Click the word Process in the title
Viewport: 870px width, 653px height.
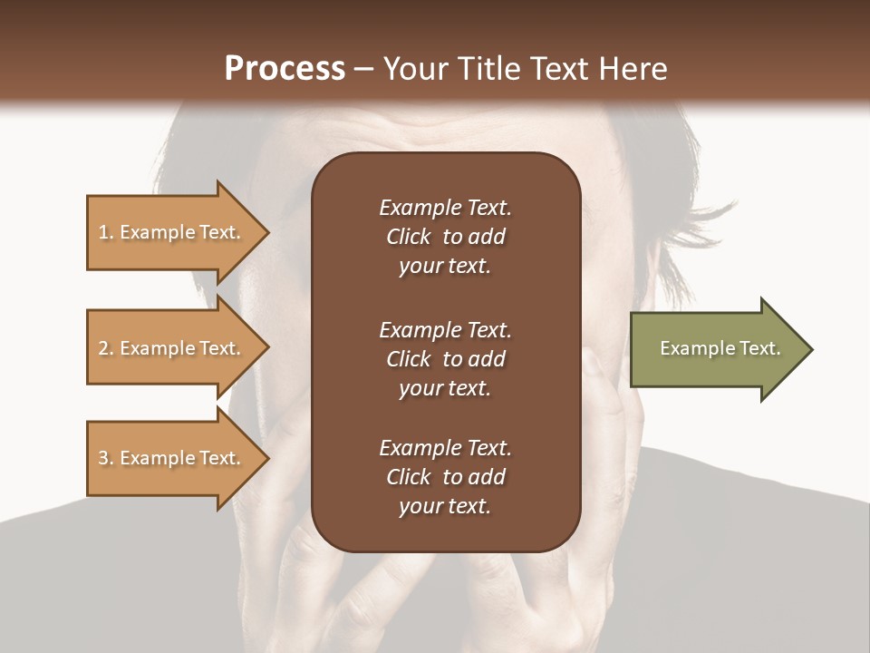tap(285, 69)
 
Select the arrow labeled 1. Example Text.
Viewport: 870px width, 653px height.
tap(172, 232)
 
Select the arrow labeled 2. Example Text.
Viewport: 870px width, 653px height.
tap(172, 348)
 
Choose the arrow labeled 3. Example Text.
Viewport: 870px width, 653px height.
tap(172, 458)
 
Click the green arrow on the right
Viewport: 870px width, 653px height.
tap(716, 349)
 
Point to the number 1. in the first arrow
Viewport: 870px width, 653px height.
tap(106, 232)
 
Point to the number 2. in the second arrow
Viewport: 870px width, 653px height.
tap(106, 348)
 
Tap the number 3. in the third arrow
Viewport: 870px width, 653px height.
tap(106, 458)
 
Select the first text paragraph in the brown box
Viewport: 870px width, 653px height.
tap(445, 237)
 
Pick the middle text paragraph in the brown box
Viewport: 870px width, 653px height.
tap(445, 359)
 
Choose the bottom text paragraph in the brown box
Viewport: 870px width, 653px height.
tap(445, 477)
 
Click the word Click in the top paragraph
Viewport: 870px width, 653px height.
tap(408, 237)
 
